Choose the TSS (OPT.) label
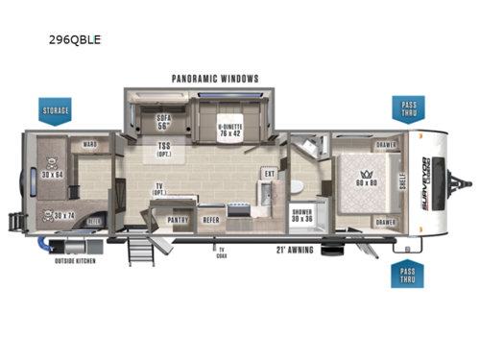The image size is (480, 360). coord(165,150)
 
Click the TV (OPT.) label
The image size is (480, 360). coord(158,190)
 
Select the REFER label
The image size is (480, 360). coord(212,219)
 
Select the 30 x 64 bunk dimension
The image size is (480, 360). coord(53,174)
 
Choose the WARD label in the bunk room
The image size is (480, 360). coord(89,146)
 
